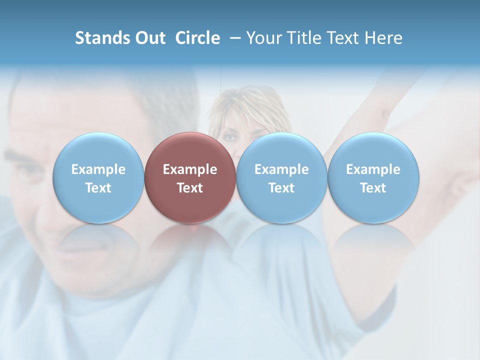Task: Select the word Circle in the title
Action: click(197, 38)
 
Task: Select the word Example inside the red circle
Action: click(190, 169)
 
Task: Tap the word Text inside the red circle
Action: click(190, 188)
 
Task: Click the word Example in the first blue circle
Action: click(98, 169)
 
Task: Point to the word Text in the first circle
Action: click(98, 188)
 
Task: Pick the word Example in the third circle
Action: click(281, 169)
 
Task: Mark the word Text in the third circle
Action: click(281, 188)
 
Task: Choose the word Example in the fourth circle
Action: click(373, 169)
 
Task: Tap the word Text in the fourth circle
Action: click(373, 188)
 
